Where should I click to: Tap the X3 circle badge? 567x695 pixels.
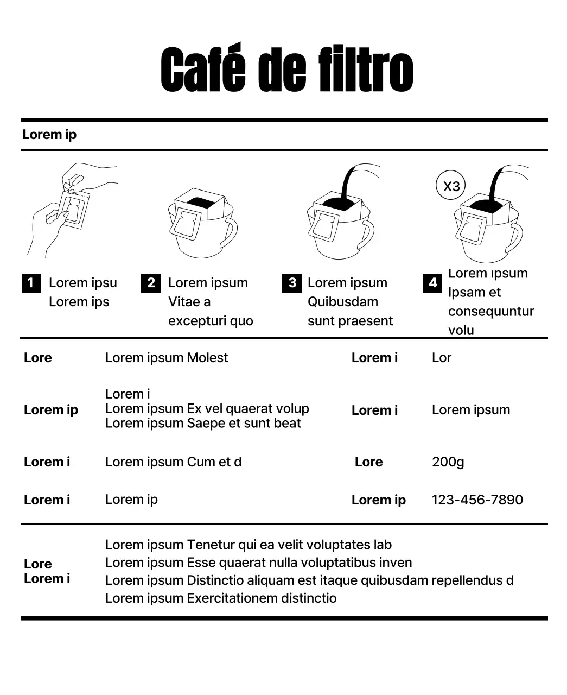click(x=451, y=186)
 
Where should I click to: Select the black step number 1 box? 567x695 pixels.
click(x=31, y=283)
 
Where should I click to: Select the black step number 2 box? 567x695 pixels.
click(x=150, y=283)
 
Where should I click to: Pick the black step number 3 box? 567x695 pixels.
click(x=292, y=283)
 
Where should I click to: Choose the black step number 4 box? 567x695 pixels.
click(x=432, y=283)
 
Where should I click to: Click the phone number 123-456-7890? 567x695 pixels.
click(x=477, y=500)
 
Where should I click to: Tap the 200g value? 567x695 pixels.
click(x=448, y=462)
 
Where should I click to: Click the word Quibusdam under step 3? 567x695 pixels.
click(x=342, y=302)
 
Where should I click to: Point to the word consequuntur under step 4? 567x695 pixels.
click(x=490, y=312)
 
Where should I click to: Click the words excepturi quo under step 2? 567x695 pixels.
click(x=211, y=321)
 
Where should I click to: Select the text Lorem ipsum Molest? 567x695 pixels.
click(x=166, y=358)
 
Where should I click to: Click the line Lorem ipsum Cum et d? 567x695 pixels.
click(x=173, y=462)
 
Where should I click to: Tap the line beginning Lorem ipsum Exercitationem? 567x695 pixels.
click(x=220, y=598)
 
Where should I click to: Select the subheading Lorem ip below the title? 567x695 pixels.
click(x=49, y=135)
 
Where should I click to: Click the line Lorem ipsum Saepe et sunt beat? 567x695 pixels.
click(x=202, y=424)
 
